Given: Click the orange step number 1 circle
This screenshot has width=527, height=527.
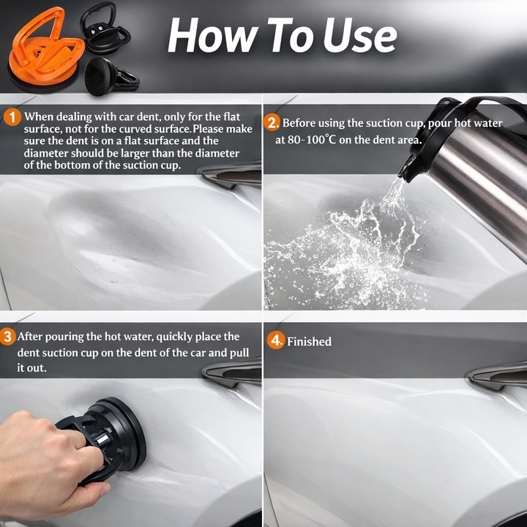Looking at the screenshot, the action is click(12, 117).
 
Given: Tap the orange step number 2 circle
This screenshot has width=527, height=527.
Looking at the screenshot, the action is click(272, 123).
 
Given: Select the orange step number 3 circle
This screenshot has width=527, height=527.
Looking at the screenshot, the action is click(7, 337).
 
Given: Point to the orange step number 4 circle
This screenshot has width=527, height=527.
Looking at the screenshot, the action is click(276, 340).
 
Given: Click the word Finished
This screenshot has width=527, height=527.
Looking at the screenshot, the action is click(309, 342).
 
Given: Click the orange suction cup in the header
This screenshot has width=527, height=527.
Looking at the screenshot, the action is click(45, 51).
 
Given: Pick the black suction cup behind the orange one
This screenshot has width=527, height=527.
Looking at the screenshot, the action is click(105, 30).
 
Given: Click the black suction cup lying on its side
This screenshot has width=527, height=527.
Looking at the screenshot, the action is click(111, 77).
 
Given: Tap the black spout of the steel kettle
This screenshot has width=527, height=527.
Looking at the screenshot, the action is click(408, 168).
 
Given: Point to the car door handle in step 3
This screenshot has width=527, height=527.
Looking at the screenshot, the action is click(233, 373).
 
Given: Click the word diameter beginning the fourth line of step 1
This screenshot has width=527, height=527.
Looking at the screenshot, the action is click(45, 153).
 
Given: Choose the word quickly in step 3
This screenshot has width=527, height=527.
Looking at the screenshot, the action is click(174, 337).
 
